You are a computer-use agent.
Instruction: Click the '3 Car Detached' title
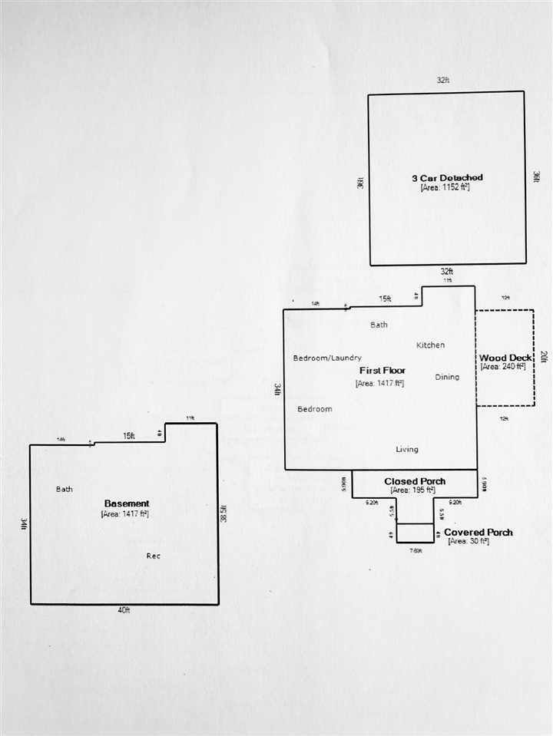(447, 178)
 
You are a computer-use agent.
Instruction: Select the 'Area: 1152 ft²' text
(445, 187)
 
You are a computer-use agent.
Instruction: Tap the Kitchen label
(430, 345)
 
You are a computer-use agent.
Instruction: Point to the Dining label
(447, 377)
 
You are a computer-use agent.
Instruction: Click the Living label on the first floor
(407, 449)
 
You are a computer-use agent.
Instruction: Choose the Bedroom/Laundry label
(327, 358)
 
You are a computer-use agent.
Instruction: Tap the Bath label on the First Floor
(379, 325)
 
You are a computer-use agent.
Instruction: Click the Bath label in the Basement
(65, 489)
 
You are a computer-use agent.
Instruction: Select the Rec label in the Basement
(154, 556)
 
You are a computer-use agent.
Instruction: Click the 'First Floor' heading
(382, 371)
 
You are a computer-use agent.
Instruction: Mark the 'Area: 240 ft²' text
(503, 367)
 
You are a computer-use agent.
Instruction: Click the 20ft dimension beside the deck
(544, 357)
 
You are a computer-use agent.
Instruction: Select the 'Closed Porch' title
(415, 481)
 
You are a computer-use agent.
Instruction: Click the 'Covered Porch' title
(478, 532)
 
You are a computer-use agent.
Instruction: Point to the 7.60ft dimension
(416, 550)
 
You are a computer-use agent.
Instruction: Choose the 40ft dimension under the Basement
(124, 611)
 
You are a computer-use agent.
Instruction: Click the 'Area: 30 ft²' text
(469, 541)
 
